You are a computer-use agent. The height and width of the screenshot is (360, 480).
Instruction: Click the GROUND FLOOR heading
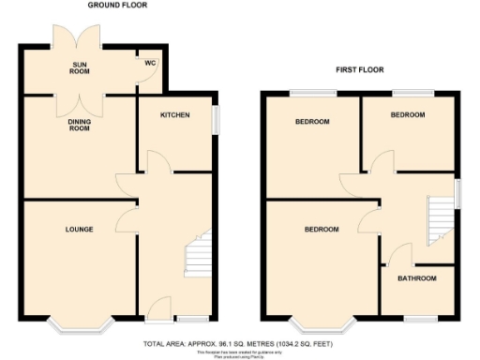pyautogui.click(x=117, y=6)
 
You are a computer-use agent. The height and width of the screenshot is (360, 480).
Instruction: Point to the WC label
pyautogui.click(x=149, y=63)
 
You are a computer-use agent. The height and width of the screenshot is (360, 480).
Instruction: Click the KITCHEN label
pyautogui.click(x=174, y=115)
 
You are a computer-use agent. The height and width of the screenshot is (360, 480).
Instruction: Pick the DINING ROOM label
pyautogui.click(x=79, y=125)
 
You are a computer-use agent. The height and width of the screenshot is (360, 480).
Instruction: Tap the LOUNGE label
pyautogui.click(x=79, y=229)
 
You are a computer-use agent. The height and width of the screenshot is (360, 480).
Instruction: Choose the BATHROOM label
pyautogui.click(x=416, y=278)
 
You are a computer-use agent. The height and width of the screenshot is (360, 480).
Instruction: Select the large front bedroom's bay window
pyautogui.click(x=324, y=326)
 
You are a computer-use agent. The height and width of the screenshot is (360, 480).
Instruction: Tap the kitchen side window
pyautogui.click(x=215, y=120)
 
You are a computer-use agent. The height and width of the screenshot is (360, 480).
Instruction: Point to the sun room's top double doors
pyautogui.click(x=78, y=36)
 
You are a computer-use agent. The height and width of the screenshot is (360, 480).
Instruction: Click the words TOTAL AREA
pyautogui.click(x=167, y=343)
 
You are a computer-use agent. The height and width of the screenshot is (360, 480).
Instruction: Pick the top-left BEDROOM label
pyautogui.click(x=312, y=122)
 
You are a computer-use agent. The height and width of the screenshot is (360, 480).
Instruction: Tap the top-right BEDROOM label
pyautogui.click(x=407, y=115)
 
